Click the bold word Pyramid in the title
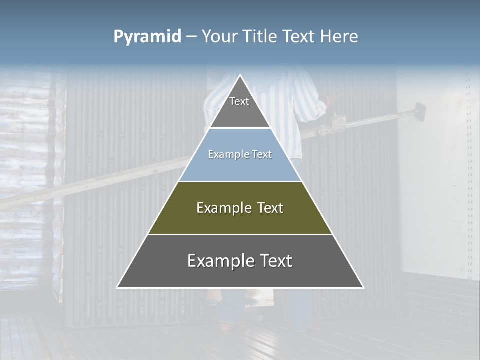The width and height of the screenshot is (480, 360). click(147, 37)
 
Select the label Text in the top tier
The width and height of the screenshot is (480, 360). click(239, 101)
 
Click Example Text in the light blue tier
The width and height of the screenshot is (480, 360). click(240, 155)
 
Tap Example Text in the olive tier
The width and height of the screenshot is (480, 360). click(240, 208)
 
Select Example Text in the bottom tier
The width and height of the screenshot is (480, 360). click(240, 261)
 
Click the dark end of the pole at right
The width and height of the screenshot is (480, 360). click(420, 110)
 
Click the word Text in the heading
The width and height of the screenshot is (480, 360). click(299, 37)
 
